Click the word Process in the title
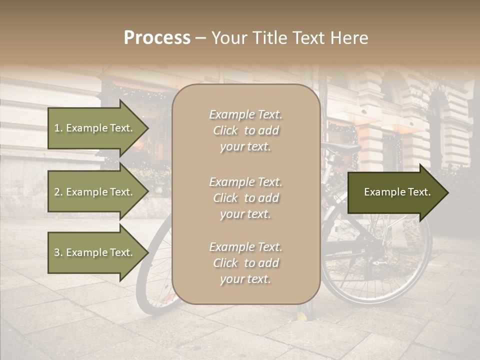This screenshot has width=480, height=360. click(157, 38)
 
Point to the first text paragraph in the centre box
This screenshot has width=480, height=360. click(245, 130)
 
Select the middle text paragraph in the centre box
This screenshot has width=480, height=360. click(245, 198)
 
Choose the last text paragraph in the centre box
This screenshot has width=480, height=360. click(245, 263)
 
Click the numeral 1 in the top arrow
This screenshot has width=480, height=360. click(57, 128)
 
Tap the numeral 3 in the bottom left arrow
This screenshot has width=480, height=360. click(57, 252)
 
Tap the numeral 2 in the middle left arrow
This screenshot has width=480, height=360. click(57, 192)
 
